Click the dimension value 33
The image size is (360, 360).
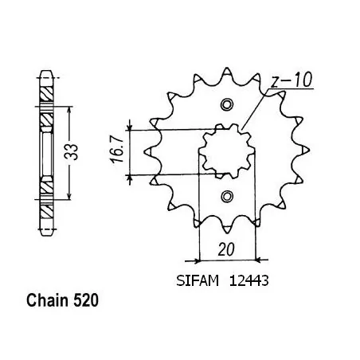tap(72, 152)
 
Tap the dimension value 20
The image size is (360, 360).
tap(226, 250)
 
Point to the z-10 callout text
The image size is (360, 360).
tap(292, 80)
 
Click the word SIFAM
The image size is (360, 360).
tap(198, 280)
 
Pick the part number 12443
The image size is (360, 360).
tap(248, 280)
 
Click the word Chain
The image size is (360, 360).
tap(47, 300)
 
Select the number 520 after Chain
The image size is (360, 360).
tap(86, 300)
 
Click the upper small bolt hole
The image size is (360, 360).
tap(226, 104)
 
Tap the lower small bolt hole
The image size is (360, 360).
tap(227, 197)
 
